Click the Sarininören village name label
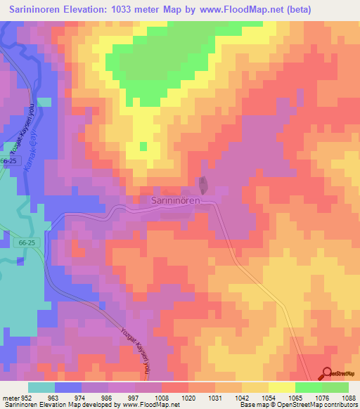[x=177, y=200]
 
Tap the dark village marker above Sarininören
[x=204, y=186]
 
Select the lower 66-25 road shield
[x=20, y=241]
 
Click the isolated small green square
[x=143, y=146]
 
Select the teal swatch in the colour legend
[x=41, y=387]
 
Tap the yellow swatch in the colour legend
[x=282, y=387]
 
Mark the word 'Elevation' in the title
[x=89, y=8]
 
